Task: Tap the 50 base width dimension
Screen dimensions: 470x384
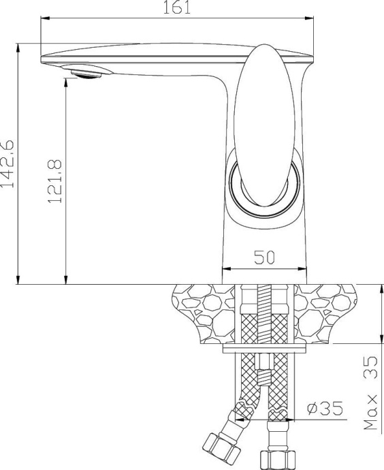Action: click(264, 257)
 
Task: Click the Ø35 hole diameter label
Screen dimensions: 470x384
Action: click(323, 408)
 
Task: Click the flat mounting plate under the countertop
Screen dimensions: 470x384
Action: click(265, 350)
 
